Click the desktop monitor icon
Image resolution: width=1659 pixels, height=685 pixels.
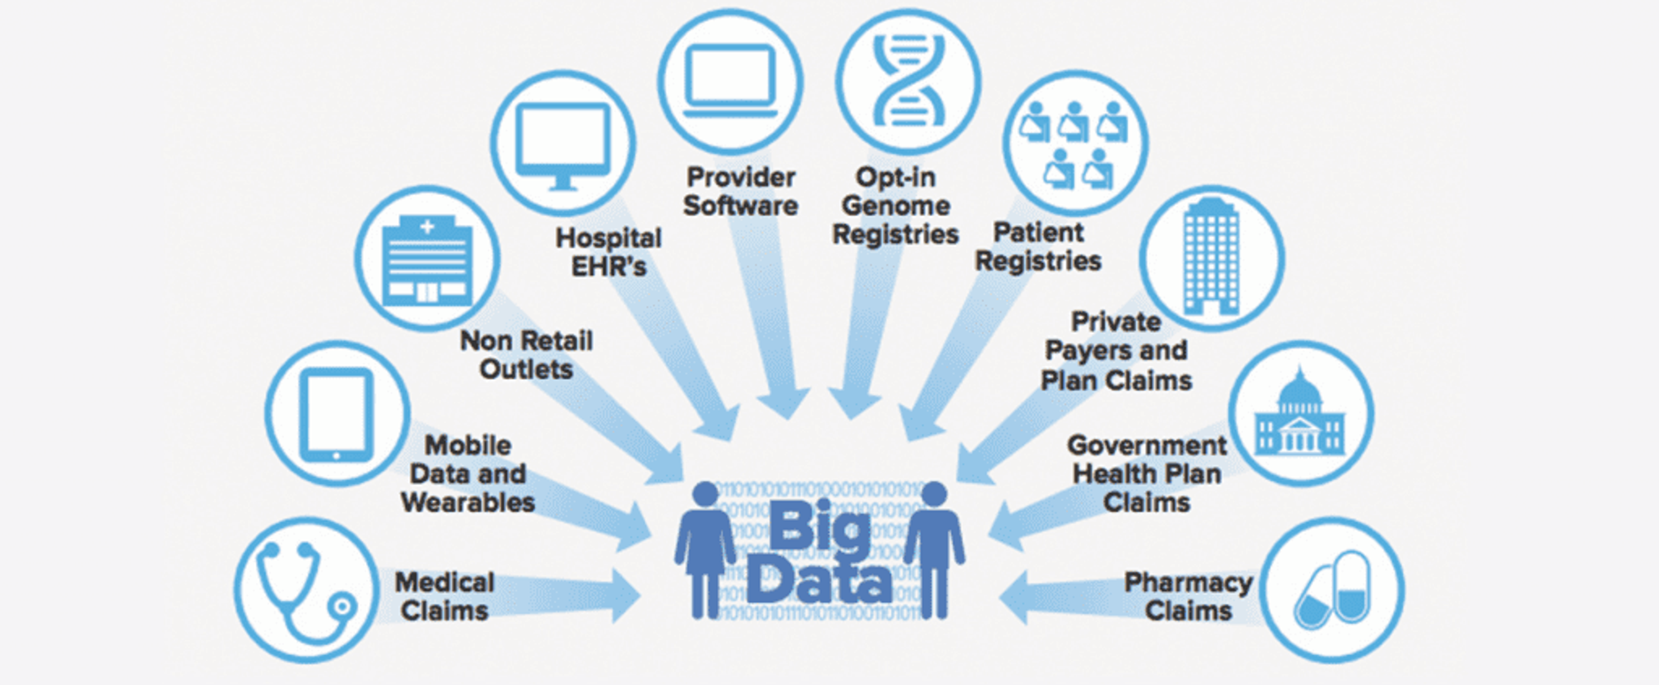[563, 144]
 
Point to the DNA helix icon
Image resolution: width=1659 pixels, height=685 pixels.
[908, 80]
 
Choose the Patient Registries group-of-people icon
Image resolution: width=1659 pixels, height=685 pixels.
[1074, 143]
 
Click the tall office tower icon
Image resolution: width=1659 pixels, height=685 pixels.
[1211, 257]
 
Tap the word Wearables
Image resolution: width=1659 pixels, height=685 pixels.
[468, 502]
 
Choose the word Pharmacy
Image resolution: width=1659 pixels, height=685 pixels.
[1188, 582]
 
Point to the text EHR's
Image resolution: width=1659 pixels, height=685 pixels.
[609, 266]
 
